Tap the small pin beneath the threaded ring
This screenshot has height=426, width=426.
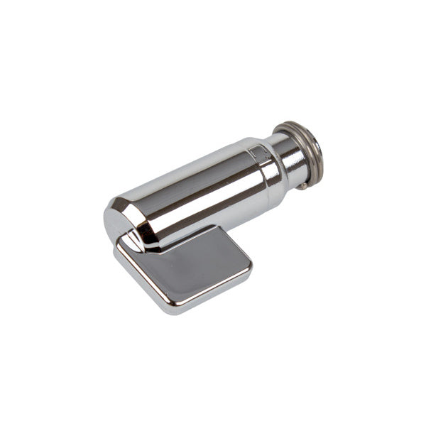[303, 186]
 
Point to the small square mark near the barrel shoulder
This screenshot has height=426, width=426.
[255, 152]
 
